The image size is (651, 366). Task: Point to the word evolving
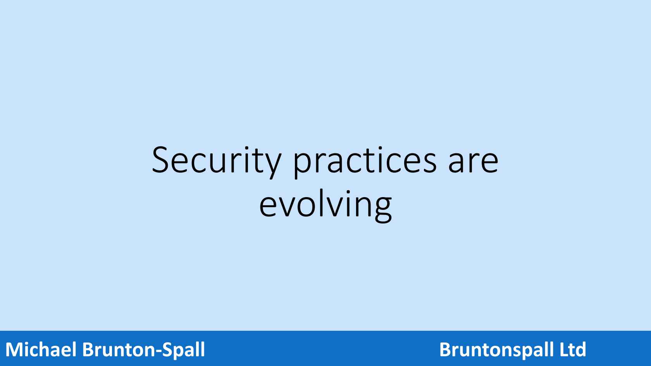(325, 206)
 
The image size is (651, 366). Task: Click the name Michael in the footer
(41, 349)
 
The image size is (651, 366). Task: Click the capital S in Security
(160, 160)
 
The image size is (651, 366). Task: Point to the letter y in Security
(272, 166)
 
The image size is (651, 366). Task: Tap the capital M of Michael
(14, 349)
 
